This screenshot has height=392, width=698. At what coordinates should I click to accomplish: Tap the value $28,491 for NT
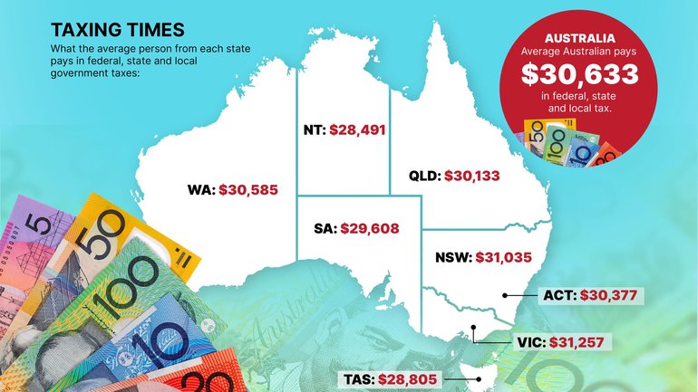tap(358, 129)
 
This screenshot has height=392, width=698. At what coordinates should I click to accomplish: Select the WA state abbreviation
tap(198, 190)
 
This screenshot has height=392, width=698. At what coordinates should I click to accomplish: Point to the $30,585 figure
tap(248, 190)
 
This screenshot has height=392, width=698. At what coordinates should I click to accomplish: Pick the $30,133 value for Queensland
tap(472, 177)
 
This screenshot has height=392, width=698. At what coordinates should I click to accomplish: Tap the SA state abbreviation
tap(322, 229)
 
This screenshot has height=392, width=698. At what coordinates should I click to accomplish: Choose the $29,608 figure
tap(368, 229)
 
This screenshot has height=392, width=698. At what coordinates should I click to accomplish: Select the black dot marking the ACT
tap(503, 295)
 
